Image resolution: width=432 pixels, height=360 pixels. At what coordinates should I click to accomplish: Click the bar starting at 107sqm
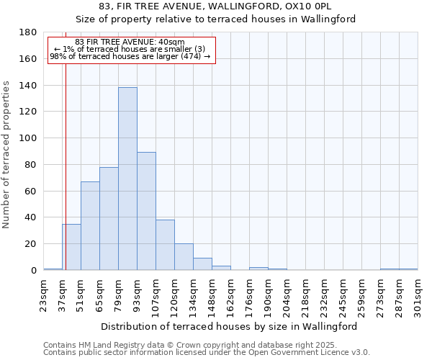[165, 245]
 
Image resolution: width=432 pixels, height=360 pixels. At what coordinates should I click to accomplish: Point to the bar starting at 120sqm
[184, 257]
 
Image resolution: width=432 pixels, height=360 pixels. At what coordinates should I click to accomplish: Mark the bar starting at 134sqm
[202, 264]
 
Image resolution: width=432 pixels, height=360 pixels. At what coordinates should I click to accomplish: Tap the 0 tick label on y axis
[33, 271]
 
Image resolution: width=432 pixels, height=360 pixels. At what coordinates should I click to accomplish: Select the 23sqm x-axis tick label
[43, 294]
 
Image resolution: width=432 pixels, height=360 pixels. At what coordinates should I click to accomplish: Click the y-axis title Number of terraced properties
[6, 155]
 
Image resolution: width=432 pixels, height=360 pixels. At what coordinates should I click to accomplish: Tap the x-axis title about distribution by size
[229, 326]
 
